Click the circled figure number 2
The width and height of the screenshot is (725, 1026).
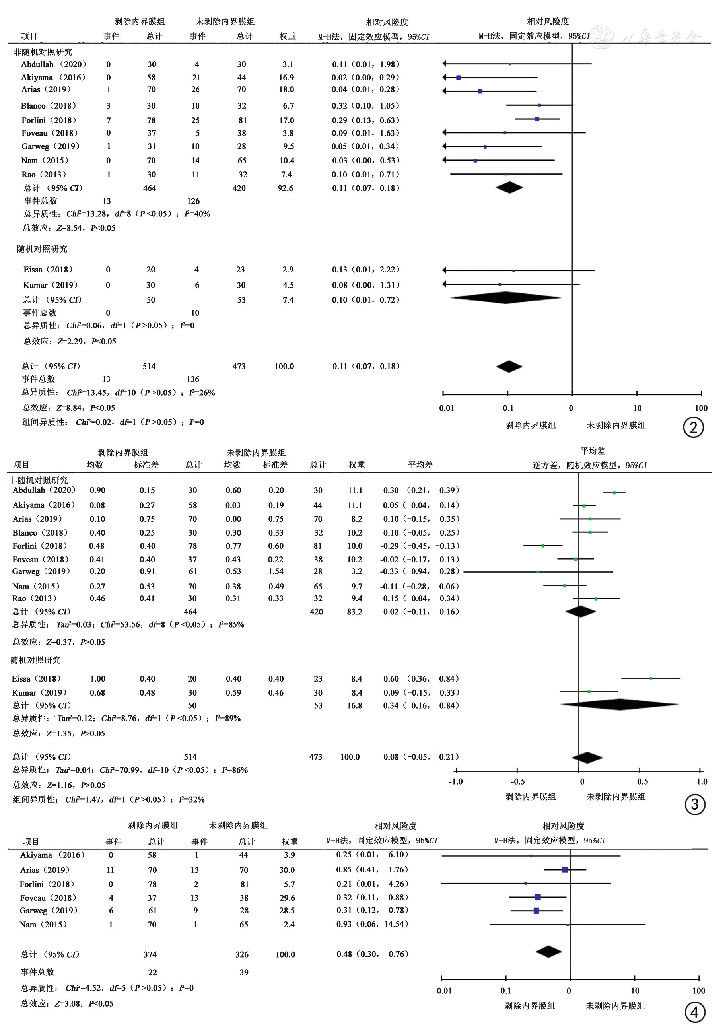(x=693, y=427)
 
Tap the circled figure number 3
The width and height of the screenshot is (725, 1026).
(x=695, y=804)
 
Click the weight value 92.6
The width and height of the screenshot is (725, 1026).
(x=285, y=188)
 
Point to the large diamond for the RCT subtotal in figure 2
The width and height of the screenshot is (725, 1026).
(x=505, y=297)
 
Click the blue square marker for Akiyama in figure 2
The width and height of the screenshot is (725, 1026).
(x=459, y=78)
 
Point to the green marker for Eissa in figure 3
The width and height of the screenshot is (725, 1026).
(x=651, y=678)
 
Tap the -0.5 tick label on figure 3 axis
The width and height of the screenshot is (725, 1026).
(x=518, y=781)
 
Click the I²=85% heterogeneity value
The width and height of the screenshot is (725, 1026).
(x=231, y=624)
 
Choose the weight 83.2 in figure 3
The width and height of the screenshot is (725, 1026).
(x=354, y=611)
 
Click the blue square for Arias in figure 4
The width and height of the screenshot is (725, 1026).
(x=565, y=870)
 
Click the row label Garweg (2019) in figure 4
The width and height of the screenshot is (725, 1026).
(x=49, y=910)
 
